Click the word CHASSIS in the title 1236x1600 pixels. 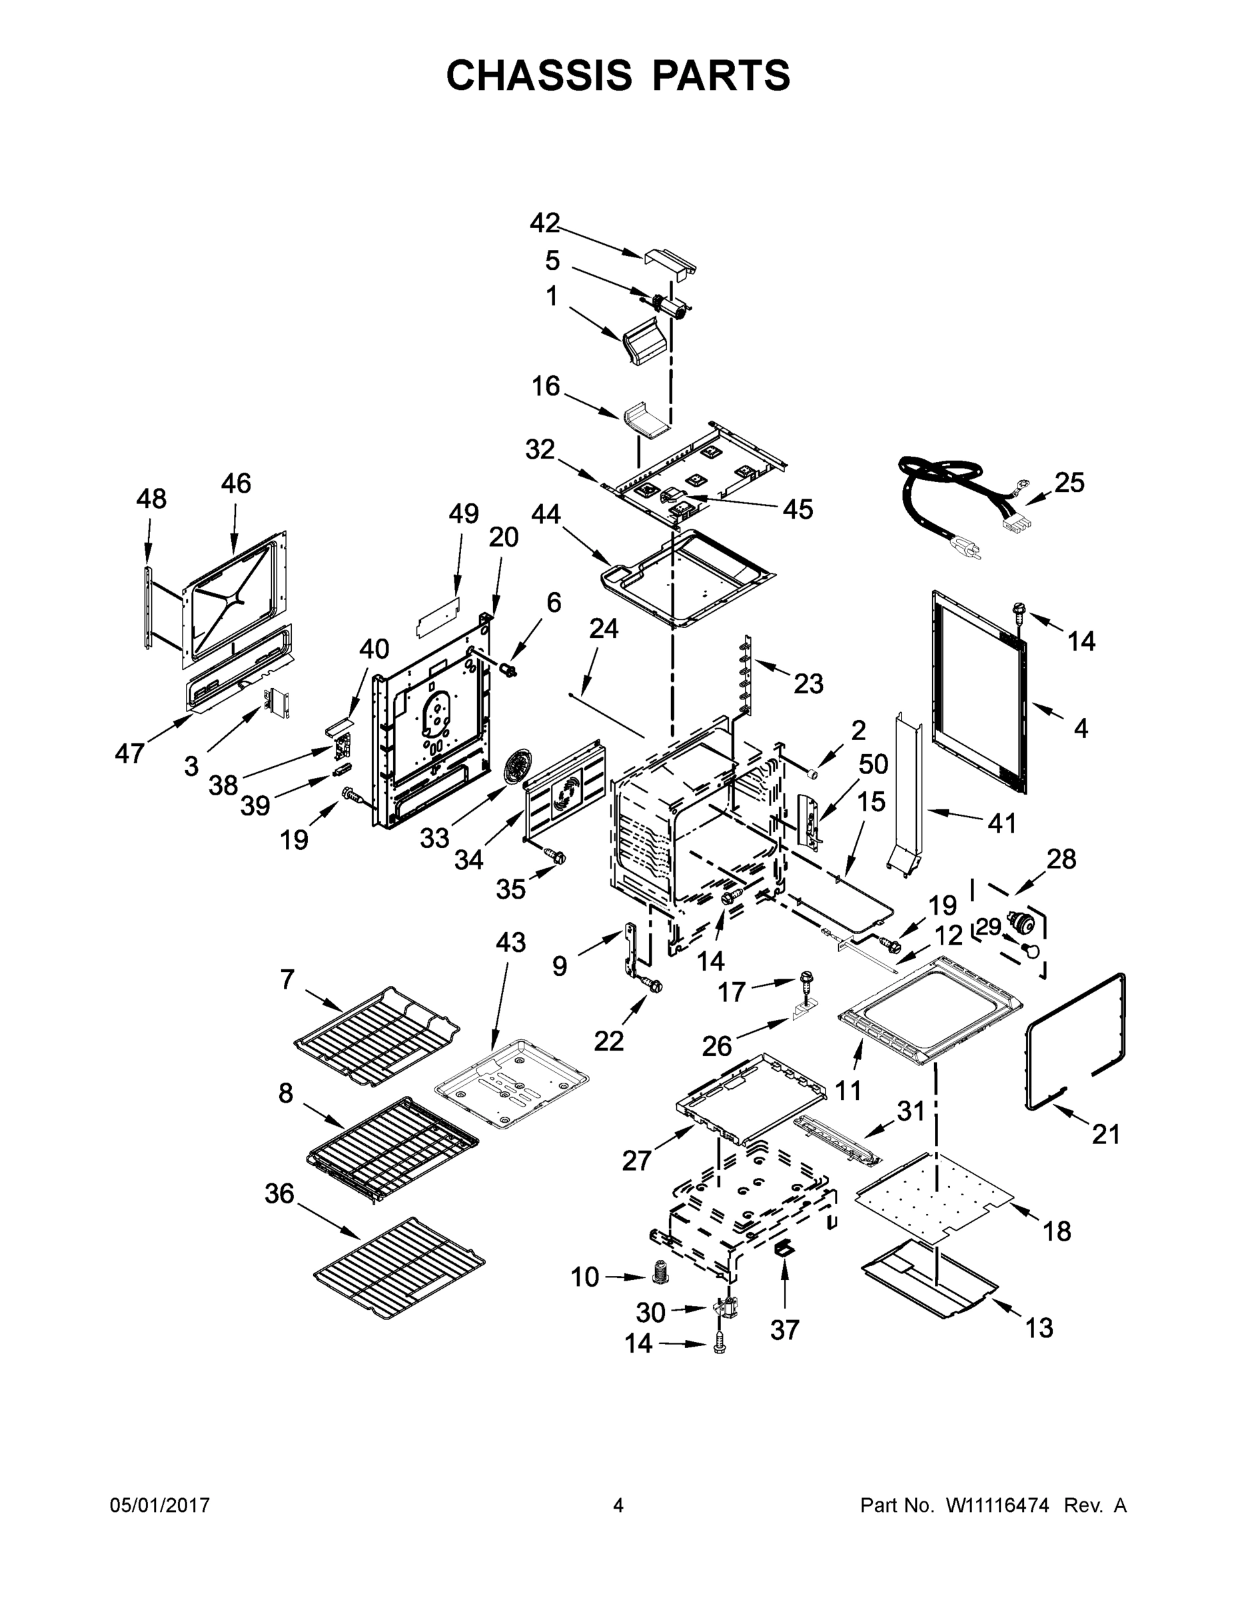(539, 75)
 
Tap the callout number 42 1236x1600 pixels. (545, 223)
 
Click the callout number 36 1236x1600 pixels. (279, 1193)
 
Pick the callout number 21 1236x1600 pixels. (1105, 1135)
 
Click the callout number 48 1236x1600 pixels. (151, 499)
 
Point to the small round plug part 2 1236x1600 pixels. (812, 773)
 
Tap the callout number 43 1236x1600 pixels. (510, 942)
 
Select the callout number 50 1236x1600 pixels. (873, 765)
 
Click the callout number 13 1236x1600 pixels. (1038, 1327)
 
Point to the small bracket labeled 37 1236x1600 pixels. (784, 1247)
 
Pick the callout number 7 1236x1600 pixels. (287, 979)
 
